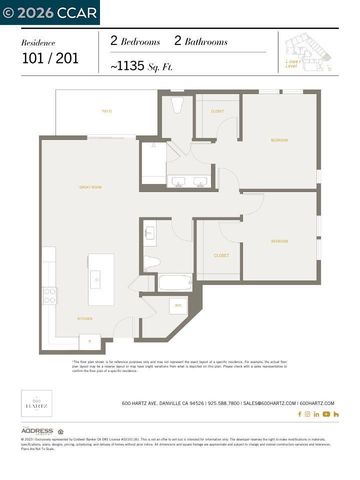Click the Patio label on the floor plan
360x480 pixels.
(106, 112)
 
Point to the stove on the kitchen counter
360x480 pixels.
(49, 296)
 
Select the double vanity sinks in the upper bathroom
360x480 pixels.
(187, 182)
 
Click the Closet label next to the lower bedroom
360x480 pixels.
(221, 256)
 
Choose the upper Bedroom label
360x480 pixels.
(279, 140)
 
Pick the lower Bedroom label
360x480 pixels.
(279, 241)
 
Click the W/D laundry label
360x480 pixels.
(178, 305)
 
